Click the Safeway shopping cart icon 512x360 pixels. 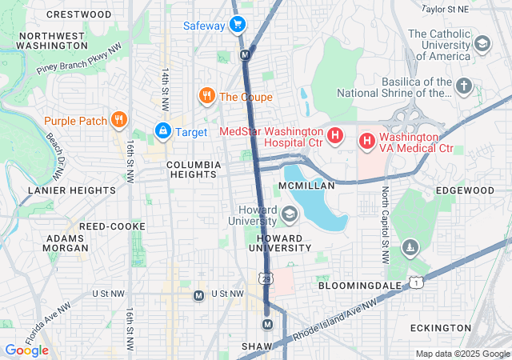click(x=237, y=25)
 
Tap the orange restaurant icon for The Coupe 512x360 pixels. click(x=207, y=97)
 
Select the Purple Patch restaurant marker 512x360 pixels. click(x=119, y=121)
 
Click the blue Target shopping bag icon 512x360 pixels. click(x=162, y=130)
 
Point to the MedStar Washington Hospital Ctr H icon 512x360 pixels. click(x=336, y=135)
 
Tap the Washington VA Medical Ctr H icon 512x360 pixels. click(x=367, y=142)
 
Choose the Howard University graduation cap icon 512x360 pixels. click(x=289, y=214)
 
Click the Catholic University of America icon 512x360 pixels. click(x=482, y=43)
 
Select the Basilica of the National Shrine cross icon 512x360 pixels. click(x=464, y=85)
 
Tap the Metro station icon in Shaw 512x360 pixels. click(x=267, y=324)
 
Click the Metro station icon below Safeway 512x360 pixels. click(x=246, y=55)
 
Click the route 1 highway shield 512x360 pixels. click(x=415, y=282)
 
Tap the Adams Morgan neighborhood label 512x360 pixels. click(x=65, y=244)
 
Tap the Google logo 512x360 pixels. click(x=26, y=350)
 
